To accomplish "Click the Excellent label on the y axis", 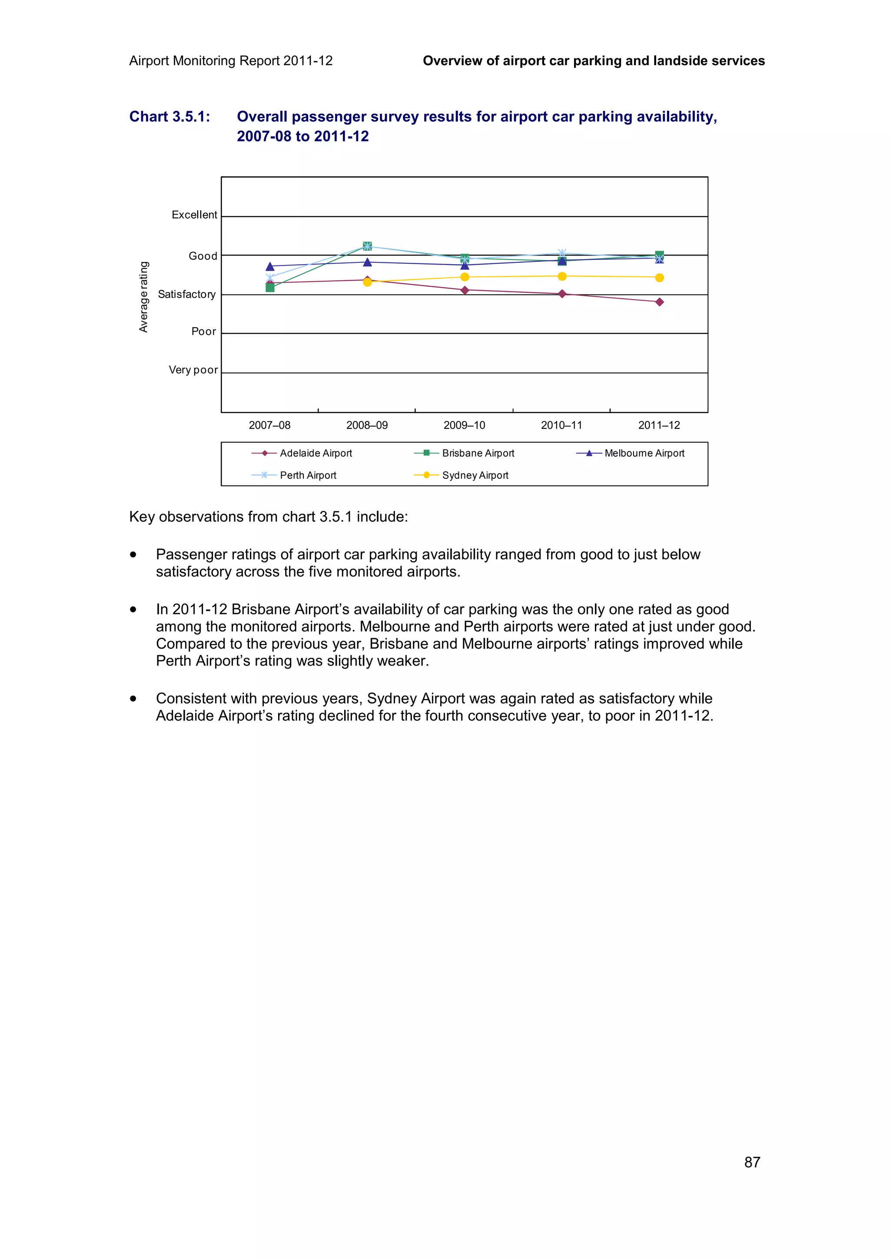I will [x=194, y=215].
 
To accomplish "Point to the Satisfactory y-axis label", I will [x=186, y=295].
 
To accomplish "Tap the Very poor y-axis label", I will [x=193, y=370].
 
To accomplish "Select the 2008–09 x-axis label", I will [x=367, y=425].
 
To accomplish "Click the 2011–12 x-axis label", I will [x=658, y=425].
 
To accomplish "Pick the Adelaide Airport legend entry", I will [x=315, y=453].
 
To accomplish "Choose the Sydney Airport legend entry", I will [x=475, y=475].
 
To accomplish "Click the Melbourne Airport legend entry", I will [x=644, y=453].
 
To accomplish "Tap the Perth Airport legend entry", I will [x=308, y=475].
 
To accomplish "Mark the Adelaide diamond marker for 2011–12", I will [x=659, y=302].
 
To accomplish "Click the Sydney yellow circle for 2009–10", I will [x=465, y=277].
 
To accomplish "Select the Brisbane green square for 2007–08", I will [x=270, y=287].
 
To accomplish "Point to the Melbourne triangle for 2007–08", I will [x=270, y=266].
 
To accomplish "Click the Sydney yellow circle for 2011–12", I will [x=659, y=278].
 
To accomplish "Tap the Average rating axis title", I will [x=144, y=297].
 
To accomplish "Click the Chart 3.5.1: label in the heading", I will [x=169, y=117].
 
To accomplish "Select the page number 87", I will [x=752, y=1162].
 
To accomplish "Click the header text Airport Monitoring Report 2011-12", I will [x=231, y=61].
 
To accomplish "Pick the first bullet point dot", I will [x=133, y=555].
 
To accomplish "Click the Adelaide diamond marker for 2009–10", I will [x=465, y=290].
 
